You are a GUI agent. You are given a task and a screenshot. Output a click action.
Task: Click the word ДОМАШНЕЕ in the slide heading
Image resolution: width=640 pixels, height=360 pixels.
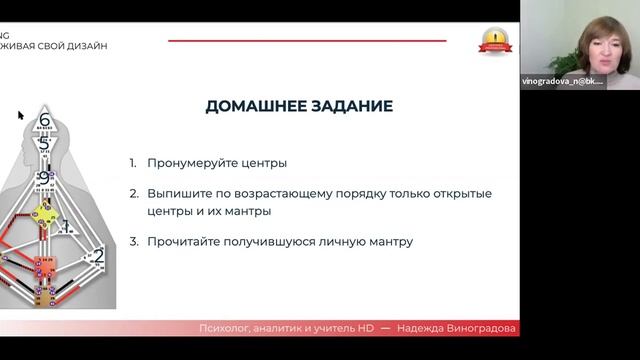click(x=252, y=106)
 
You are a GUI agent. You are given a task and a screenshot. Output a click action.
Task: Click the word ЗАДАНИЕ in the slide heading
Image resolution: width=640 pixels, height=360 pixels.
click(x=346, y=106)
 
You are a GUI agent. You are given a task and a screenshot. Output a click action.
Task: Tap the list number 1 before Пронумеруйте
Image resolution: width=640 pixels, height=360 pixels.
click(x=132, y=162)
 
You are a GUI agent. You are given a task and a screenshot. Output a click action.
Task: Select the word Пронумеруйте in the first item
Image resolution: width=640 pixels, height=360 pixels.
click(x=190, y=162)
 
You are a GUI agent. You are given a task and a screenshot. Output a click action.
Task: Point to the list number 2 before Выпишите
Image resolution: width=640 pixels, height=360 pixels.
click(x=132, y=193)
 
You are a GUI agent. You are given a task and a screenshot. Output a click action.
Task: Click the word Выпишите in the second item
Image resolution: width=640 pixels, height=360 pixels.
click(x=180, y=193)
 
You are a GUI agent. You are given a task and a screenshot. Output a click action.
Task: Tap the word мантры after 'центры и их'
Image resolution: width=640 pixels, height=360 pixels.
click(x=244, y=212)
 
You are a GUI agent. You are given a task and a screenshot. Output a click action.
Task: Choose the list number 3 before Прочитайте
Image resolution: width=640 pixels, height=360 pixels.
click(x=132, y=242)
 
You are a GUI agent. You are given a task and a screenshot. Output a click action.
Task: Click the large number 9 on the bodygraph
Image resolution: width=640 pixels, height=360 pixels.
click(x=43, y=179)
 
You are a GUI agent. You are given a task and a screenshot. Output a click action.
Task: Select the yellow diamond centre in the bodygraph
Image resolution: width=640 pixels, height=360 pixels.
click(x=45, y=214)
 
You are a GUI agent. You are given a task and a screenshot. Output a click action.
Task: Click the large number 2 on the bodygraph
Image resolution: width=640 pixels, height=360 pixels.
click(x=97, y=257)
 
